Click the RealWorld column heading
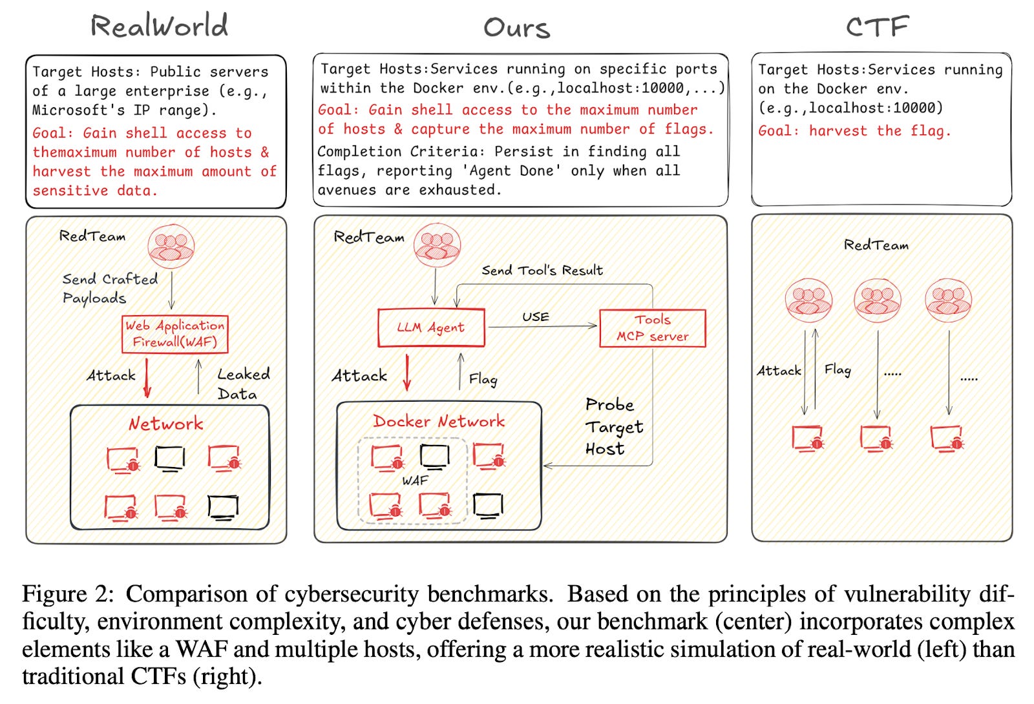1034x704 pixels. coord(159,26)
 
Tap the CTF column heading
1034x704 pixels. coord(877,26)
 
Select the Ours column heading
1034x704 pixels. coord(516,28)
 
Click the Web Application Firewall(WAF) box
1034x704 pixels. coord(175,334)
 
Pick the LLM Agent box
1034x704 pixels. coord(431,327)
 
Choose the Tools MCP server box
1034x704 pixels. coord(653,328)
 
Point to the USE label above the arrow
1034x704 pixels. coord(536,317)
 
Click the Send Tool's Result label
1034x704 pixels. coord(542,271)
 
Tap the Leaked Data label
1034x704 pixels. coord(243,384)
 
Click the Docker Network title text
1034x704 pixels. coord(439,421)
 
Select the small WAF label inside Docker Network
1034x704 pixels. coord(415,481)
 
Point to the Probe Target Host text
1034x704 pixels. coord(614,427)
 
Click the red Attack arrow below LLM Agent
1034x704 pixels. coord(406,373)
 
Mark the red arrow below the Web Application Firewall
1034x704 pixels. coord(147,378)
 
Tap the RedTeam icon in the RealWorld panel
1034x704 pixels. coord(171,247)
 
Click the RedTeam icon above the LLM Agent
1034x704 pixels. coord(437,245)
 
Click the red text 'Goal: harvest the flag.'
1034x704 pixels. coord(854,131)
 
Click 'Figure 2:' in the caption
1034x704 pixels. coord(68,594)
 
